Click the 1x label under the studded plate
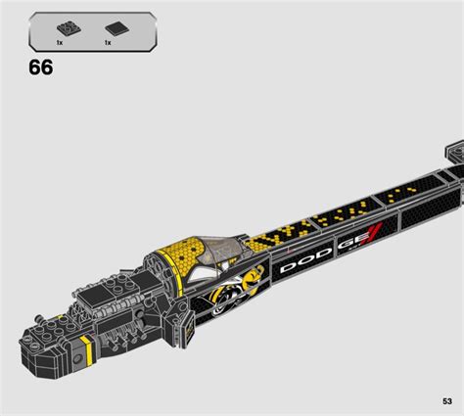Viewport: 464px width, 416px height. point(60,44)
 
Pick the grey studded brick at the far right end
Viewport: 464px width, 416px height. point(453,152)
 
